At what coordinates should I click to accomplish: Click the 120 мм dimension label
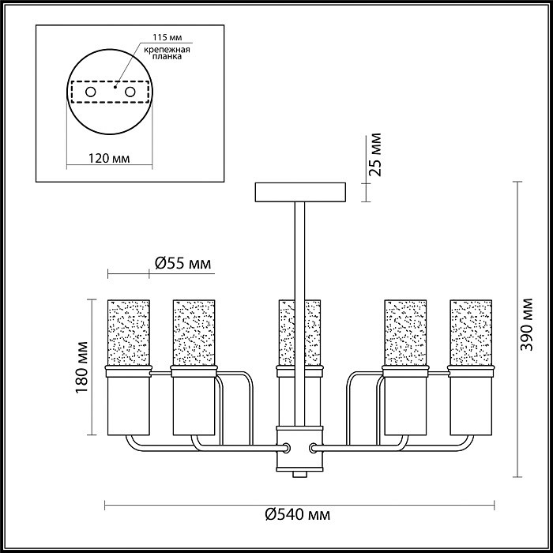(x=109, y=158)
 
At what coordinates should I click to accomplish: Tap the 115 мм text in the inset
(x=167, y=37)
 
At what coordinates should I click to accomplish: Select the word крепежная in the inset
(x=167, y=50)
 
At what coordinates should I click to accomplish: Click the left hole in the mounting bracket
(x=91, y=92)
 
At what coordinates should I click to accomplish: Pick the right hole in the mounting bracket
(x=130, y=92)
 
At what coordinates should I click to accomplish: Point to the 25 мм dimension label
(x=374, y=155)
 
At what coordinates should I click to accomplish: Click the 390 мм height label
(x=527, y=325)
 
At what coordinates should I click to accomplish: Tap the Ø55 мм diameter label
(x=183, y=263)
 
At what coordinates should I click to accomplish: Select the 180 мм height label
(x=81, y=367)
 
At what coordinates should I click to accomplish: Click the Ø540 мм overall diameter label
(x=298, y=514)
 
